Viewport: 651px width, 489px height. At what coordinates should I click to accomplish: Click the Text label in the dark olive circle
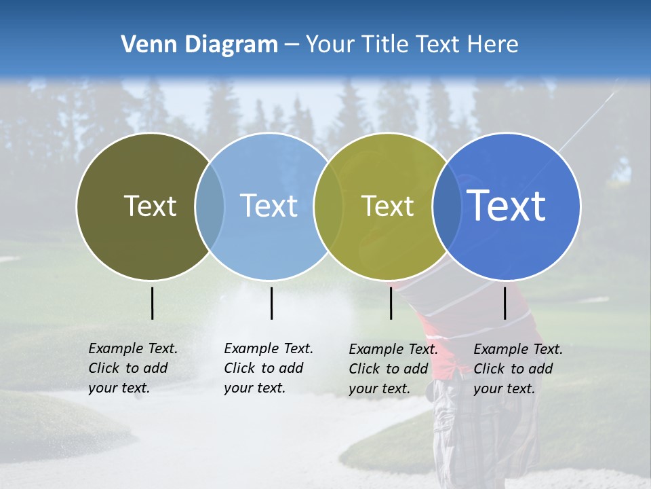tap(150, 206)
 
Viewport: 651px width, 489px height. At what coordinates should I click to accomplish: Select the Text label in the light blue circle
tap(269, 206)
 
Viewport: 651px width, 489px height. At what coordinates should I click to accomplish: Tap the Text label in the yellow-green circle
tap(387, 206)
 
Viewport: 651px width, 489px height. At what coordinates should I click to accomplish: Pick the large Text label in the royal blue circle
tap(507, 205)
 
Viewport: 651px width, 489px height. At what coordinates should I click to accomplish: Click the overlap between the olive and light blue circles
tap(210, 206)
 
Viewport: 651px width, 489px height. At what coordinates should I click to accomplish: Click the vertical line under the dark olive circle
tap(152, 303)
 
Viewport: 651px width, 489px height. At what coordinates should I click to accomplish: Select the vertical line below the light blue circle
tap(271, 303)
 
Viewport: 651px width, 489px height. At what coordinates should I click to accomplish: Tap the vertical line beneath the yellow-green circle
tap(391, 303)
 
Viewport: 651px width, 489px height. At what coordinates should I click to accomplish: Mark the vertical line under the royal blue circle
tap(505, 303)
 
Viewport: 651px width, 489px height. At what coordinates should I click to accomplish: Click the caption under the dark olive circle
tap(132, 368)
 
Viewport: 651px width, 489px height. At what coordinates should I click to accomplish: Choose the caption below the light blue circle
tap(268, 368)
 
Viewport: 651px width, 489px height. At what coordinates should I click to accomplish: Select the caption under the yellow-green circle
tap(393, 369)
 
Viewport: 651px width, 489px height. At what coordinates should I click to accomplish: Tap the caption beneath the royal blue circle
tap(517, 369)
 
